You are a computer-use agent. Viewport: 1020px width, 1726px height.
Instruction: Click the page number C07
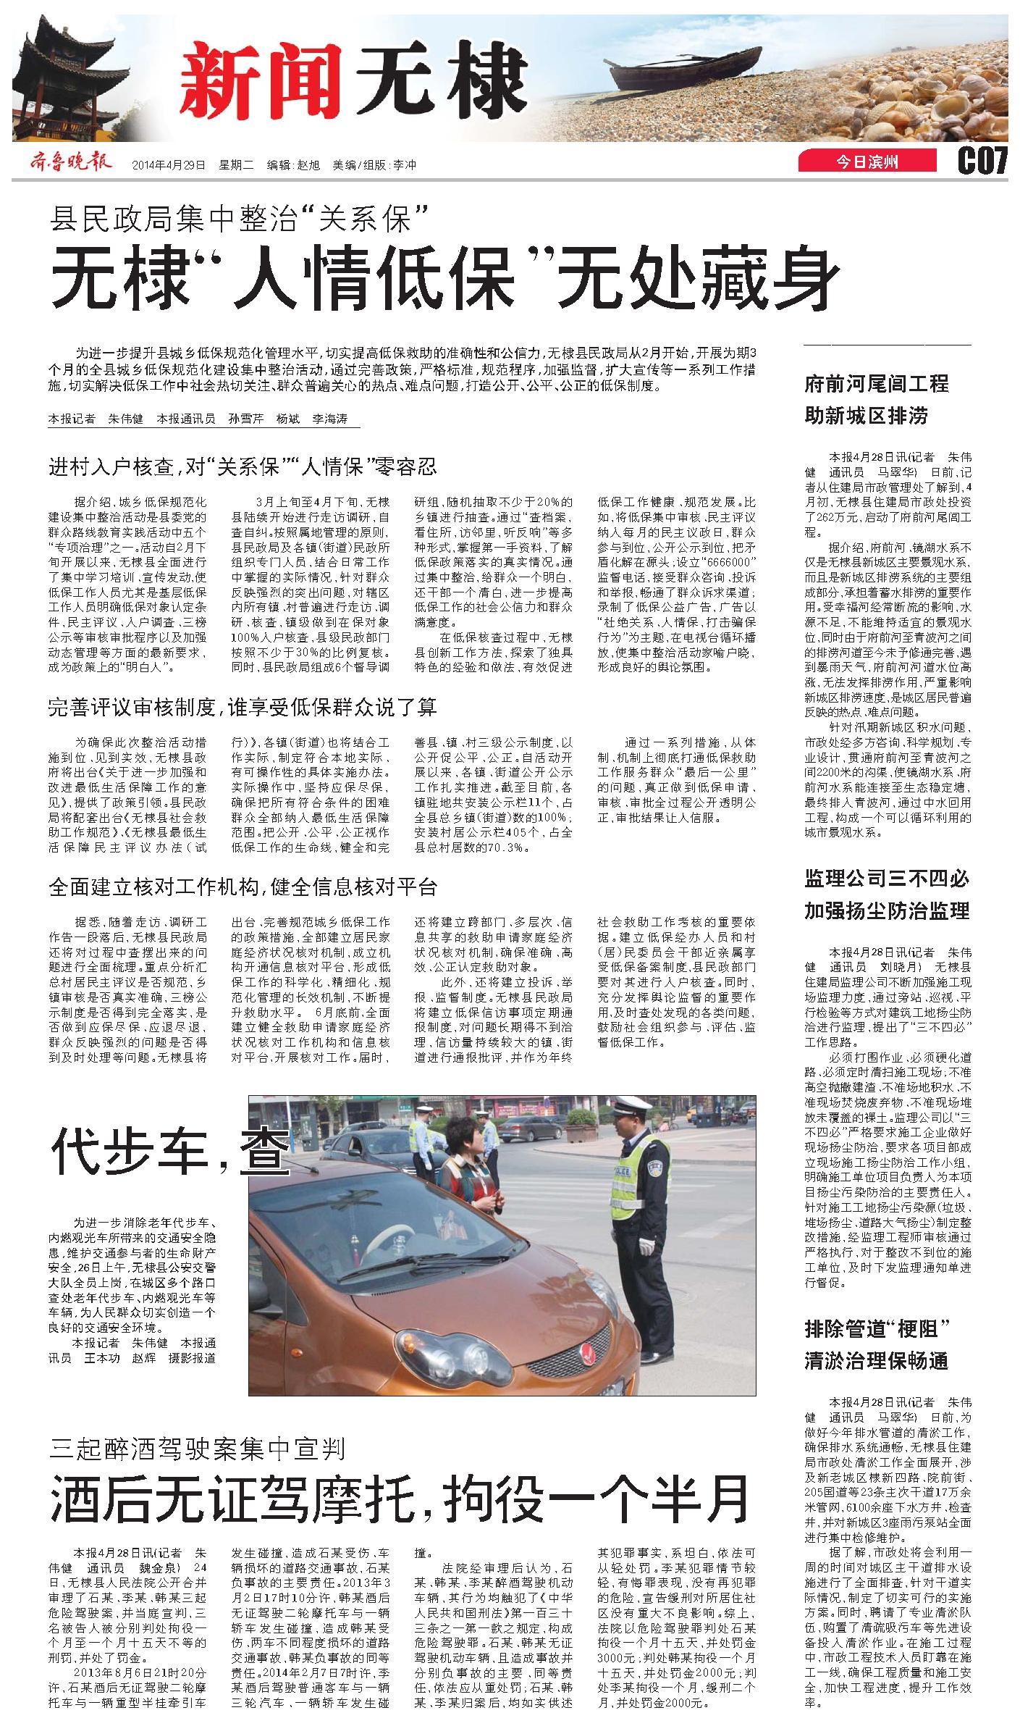point(982,161)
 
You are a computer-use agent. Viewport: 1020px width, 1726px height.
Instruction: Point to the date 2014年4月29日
point(169,164)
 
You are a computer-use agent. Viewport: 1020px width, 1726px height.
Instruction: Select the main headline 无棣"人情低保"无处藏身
point(444,278)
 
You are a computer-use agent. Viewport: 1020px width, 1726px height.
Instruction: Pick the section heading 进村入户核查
point(243,466)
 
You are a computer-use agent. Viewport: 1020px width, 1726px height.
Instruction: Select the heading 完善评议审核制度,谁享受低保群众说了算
point(243,707)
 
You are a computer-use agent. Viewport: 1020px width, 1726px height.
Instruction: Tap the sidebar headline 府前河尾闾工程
point(876,384)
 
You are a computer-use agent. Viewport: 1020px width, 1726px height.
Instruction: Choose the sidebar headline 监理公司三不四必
point(886,879)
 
